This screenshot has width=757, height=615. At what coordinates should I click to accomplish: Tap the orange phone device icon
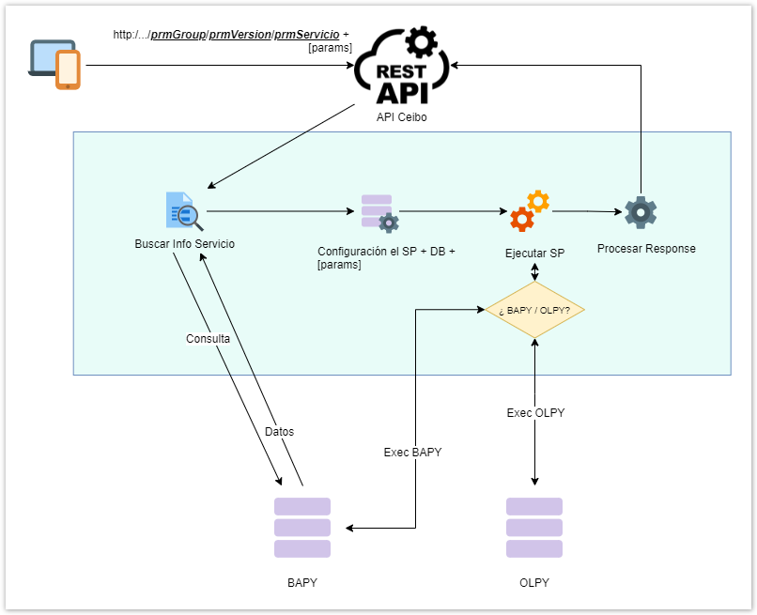click(68, 70)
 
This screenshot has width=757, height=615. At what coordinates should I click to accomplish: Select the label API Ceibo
click(401, 116)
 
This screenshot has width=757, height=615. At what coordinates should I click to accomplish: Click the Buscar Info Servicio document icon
click(179, 210)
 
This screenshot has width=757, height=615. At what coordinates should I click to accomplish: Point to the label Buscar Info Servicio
click(184, 244)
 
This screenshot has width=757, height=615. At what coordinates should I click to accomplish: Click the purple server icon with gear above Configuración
click(379, 213)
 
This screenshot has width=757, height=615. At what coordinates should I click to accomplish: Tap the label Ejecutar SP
click(534, 254)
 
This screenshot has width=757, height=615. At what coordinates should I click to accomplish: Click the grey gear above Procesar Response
click(641, 212)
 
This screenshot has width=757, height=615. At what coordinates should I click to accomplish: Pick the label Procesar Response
click(646, 249)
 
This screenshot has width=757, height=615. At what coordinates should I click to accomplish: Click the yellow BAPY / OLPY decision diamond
click(534, 310)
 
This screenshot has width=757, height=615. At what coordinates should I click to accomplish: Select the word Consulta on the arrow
click(208, 339)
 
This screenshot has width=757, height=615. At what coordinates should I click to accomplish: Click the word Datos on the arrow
click(279, 432)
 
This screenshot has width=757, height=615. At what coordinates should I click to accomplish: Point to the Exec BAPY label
click(412, 453)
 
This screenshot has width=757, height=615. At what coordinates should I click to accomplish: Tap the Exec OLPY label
click(535, 413)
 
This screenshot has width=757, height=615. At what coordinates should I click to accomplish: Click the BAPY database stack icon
click(302, 528)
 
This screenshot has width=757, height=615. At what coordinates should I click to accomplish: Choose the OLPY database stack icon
click(534, 528)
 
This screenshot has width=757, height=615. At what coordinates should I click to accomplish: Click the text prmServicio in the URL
click(306, 35)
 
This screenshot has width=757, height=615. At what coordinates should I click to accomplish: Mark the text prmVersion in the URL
click(239, 35)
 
